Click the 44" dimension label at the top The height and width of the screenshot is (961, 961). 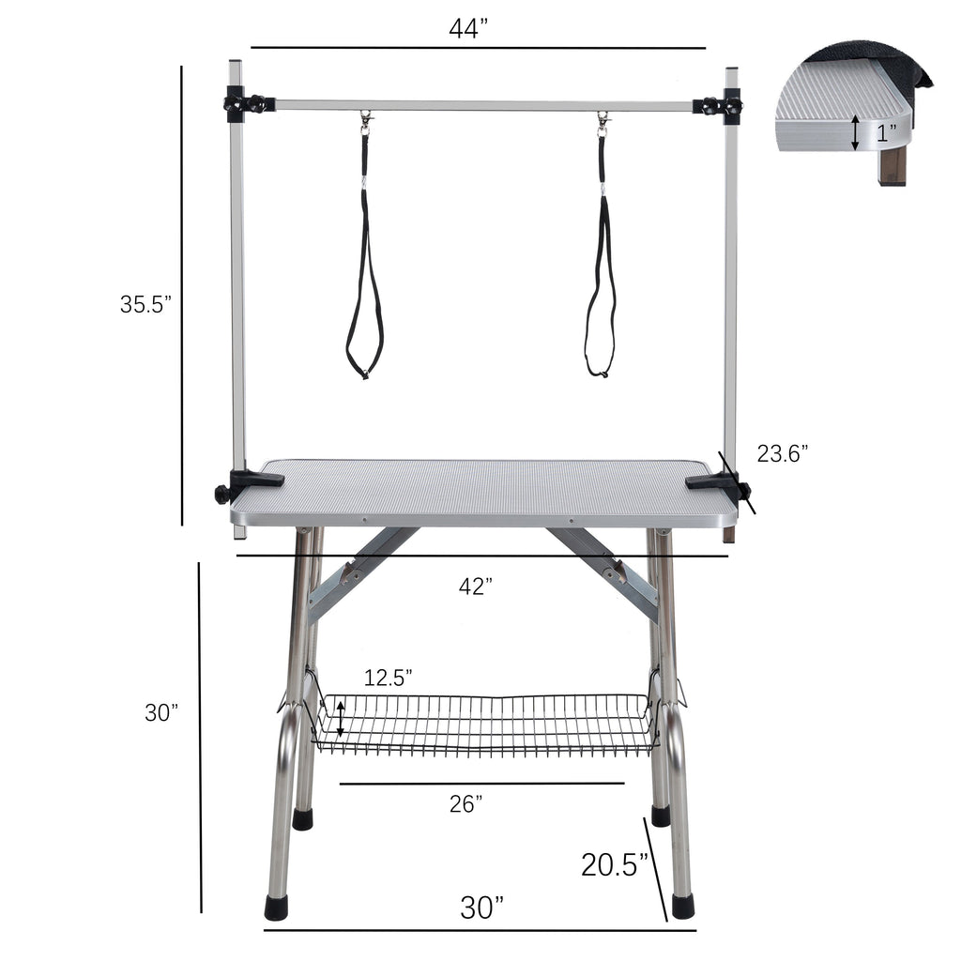tap(469, 29)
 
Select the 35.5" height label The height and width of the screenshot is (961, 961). tap(145, 304)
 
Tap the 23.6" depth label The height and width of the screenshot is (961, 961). tap(783, 454)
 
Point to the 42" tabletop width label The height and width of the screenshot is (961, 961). tap(477, 587)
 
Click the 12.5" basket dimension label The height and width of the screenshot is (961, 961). tap(389, 678)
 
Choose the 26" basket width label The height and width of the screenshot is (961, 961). tap(466, 803)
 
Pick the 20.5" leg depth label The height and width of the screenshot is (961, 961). tap(615, 863)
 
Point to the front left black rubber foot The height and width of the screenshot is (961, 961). tap(277, 907)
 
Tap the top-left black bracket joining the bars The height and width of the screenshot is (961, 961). tap(246, 102)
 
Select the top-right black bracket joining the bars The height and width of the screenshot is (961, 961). tap(720, 105)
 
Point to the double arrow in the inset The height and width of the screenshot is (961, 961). tap(854, 133)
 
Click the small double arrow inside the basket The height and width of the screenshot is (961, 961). tap(341, 721)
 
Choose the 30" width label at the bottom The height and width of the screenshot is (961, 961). tap(481, 908)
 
